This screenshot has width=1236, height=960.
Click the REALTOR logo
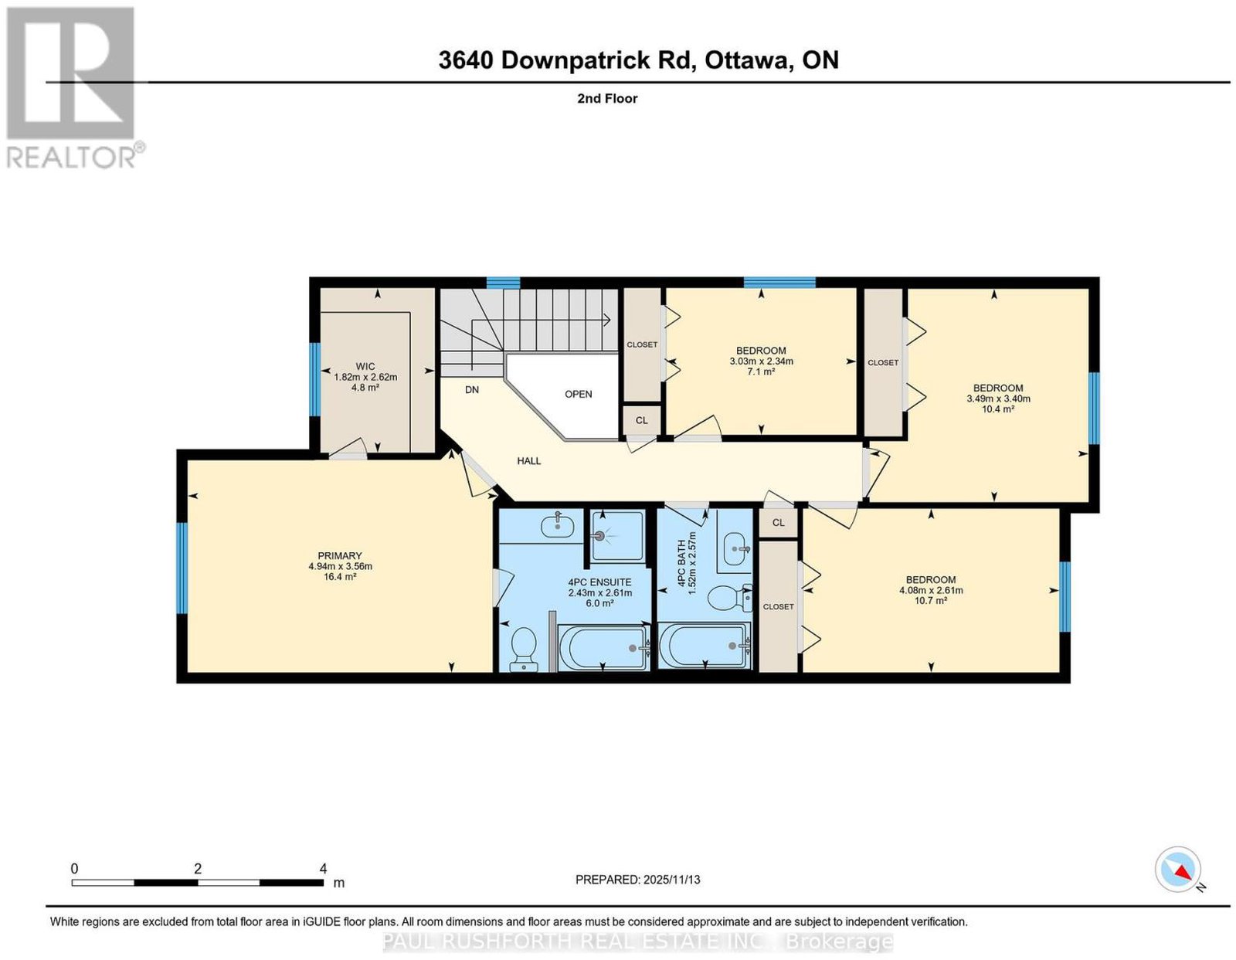pyautogui.click(x=75, y=88)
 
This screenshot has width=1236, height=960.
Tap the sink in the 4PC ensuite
pyautogui.click(x=558, y=524)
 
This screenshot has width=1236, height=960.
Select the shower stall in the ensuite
pyautogui.click(x=618, y=536)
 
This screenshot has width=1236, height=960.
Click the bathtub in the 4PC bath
pyautogui.click(x=705, y=646)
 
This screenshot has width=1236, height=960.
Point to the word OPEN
pyautogui.click(x=579, y=394)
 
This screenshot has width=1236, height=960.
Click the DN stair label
pyautogui.click(x=472, y=390)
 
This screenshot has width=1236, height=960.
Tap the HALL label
pyautogui.click(x=529, y=461)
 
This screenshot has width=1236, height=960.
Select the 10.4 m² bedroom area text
pyautogui.click(x=998, y=409)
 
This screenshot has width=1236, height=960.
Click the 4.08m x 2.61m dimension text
pyautogui.click(x=931, y=590)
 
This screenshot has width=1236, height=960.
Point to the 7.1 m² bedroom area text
pyautogui.click(x=762, y=371)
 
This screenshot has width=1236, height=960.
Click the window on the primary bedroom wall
pyautogui.click(x=182, y=568)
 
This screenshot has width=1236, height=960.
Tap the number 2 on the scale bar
pyautogui.click(x=197, y=869)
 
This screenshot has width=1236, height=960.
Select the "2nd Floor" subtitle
pyautogui.click(x=607, y=98)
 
